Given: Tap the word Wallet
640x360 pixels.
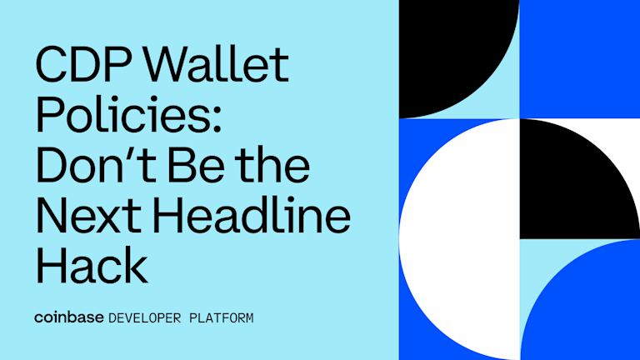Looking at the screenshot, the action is tap(216, 63).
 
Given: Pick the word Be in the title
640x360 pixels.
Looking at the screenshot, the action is tap(196, 165).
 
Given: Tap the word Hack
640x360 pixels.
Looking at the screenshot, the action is tap(92, 265).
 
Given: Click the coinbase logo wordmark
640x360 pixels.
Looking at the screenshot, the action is tap(69, 317).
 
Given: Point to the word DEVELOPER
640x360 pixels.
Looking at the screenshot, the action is tap(144, 318).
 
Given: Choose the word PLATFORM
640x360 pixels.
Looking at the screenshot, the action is tap(222, 318).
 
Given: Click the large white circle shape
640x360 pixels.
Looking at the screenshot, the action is tap(459, 239).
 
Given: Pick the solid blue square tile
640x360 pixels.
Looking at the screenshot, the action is tap(580, 59).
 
